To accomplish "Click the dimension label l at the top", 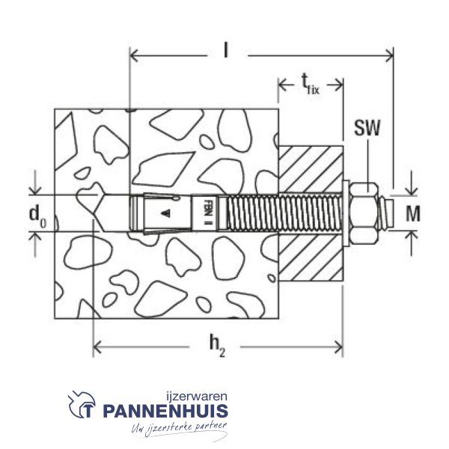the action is pyautogui.click(x=226, y=50).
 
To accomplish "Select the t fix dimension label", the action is pyautogui.click(x=311, y=84).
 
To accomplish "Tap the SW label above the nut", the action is pyautogui.click(x=367, y=128).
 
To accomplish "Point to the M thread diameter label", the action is pyautogui.click(x=412, y=213).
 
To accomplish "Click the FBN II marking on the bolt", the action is pyautogui.click(x=207, y=213).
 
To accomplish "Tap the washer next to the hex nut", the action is pyautogui.click(x=346, y=213).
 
